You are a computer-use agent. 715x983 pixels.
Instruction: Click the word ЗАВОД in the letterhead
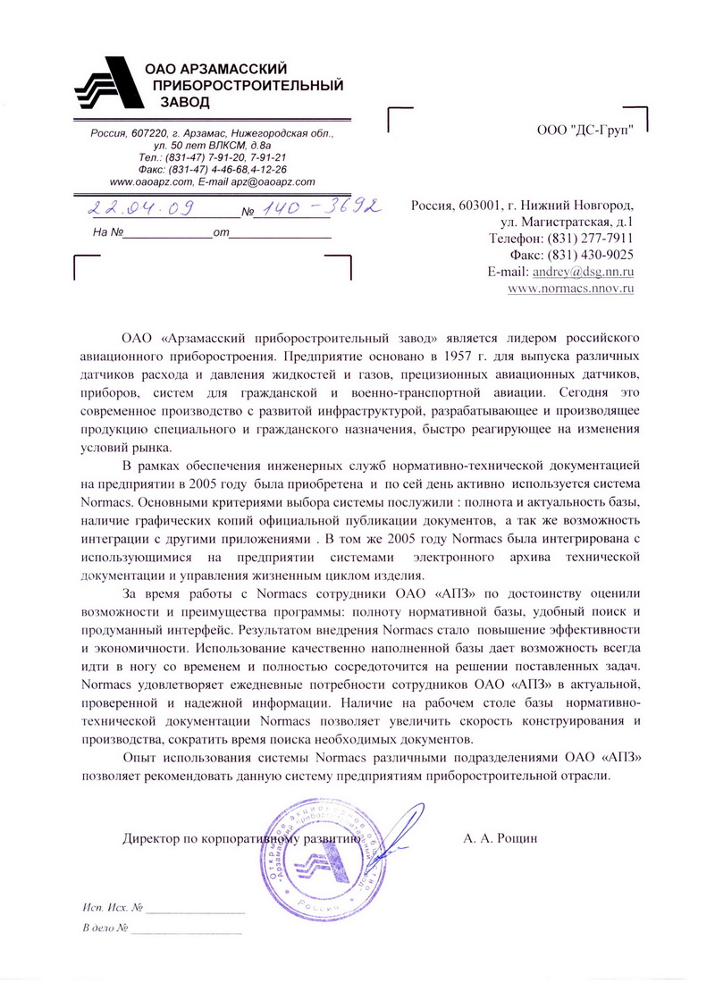tap(185, 103)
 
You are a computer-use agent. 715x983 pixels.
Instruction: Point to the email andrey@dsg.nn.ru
tap(583, 272)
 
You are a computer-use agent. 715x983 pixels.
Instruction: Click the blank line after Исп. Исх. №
tap(194, 912)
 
